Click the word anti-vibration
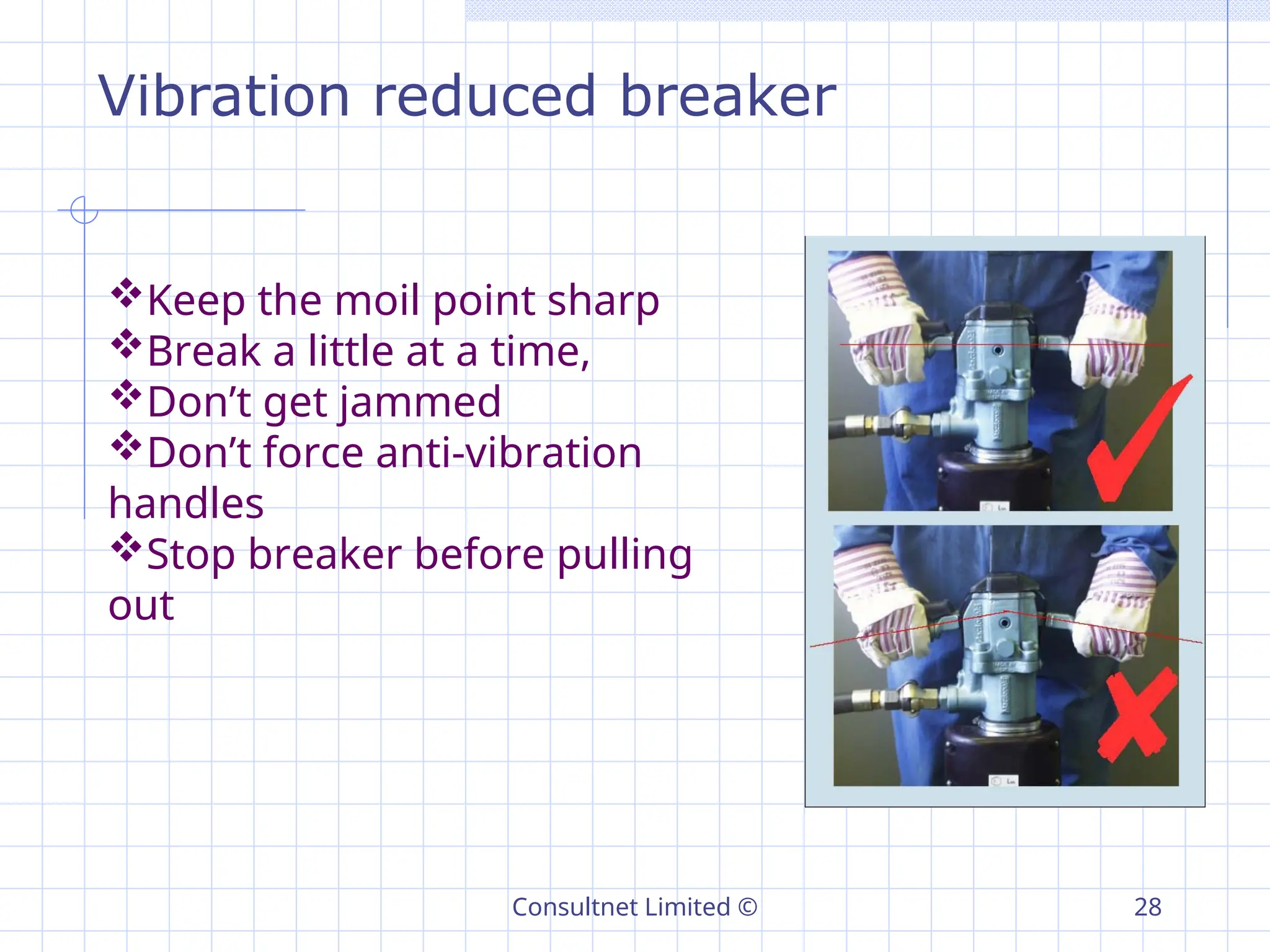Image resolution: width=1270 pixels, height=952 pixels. [508, 452]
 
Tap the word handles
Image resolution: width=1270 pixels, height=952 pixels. [186, 503]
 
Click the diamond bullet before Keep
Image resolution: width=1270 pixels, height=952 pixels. [127, 293]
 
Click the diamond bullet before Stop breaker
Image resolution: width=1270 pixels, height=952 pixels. [127, 547]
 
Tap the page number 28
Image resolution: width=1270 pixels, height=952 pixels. [1147, 907]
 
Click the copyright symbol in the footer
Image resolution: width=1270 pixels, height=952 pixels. [748, 907]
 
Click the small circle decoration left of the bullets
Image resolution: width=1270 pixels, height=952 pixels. [84, 210]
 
